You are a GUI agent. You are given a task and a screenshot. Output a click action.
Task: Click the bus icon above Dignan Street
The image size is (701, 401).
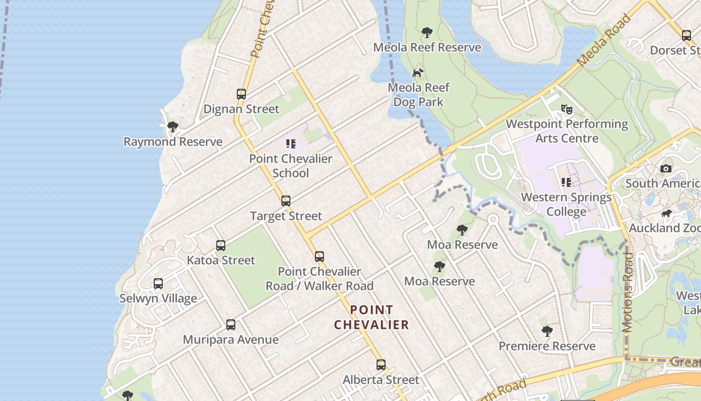click(241, 94)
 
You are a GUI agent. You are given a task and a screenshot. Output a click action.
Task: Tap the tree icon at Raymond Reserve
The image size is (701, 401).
click(173, 126)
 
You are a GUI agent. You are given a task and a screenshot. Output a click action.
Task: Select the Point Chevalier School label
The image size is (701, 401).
click(291, 166)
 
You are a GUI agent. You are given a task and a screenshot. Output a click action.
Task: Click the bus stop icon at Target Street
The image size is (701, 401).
click(286, 201)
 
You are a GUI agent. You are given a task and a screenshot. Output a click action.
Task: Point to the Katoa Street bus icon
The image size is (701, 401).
click(221, 245)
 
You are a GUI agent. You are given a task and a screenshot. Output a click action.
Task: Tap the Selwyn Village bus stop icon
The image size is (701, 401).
click(158, 283)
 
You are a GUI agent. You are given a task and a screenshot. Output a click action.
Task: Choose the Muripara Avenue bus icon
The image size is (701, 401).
click(230, 324)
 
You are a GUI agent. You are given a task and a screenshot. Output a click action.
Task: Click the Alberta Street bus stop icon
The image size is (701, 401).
click(381, 364)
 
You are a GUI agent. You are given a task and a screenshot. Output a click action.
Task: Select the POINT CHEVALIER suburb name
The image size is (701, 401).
click(372, 317)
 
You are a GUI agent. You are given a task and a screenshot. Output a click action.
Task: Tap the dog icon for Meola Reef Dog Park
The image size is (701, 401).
click(418, 73)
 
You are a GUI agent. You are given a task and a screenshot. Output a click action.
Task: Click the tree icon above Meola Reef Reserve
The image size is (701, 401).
click(427, 33)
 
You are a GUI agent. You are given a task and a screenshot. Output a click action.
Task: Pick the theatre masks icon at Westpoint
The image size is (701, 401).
click(567, 109)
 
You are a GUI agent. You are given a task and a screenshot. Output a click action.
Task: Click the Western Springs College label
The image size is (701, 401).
click(566, 205)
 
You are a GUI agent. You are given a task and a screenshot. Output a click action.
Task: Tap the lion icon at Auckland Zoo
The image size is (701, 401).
click(666, 214)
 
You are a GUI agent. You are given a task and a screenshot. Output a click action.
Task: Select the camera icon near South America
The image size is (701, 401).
click(666, 168)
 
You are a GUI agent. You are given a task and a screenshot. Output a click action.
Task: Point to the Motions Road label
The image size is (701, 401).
click(627, 292)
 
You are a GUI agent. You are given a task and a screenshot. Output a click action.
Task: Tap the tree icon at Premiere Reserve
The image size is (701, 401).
click(547, 331)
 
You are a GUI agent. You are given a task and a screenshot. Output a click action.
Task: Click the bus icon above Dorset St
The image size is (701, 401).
click(686, 36)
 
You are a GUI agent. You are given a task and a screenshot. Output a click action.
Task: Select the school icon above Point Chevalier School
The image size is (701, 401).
click(291, 144)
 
